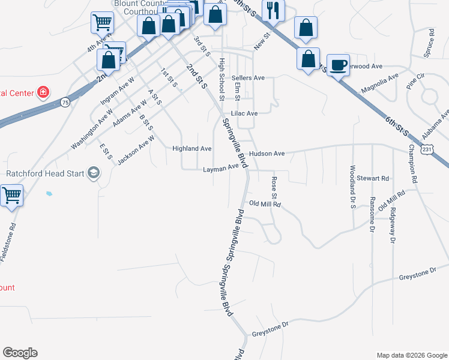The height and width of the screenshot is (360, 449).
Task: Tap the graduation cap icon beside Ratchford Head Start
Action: [93, 174]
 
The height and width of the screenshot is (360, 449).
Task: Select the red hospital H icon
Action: [43, 92]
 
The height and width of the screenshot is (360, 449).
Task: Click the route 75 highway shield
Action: [65, 103]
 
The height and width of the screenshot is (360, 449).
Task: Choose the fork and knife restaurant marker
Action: [273, 10]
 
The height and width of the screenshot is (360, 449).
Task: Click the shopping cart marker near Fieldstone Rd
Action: [11, 196]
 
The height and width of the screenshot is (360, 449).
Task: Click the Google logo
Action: [20, 353]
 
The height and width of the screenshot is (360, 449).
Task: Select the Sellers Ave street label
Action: [248, 78]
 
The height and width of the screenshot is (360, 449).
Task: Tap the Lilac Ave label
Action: [244, 113]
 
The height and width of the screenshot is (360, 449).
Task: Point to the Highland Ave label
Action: [192, 148]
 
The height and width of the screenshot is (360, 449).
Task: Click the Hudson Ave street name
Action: [267, 154]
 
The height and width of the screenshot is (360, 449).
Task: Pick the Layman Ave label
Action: [221, 169]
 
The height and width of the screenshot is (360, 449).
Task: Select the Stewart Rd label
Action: [373, 178]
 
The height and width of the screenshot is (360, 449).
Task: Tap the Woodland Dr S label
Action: [353, 187]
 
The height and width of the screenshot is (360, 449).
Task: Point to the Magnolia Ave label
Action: [379, 83]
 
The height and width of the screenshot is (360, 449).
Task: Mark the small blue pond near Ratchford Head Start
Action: [48, 194]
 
